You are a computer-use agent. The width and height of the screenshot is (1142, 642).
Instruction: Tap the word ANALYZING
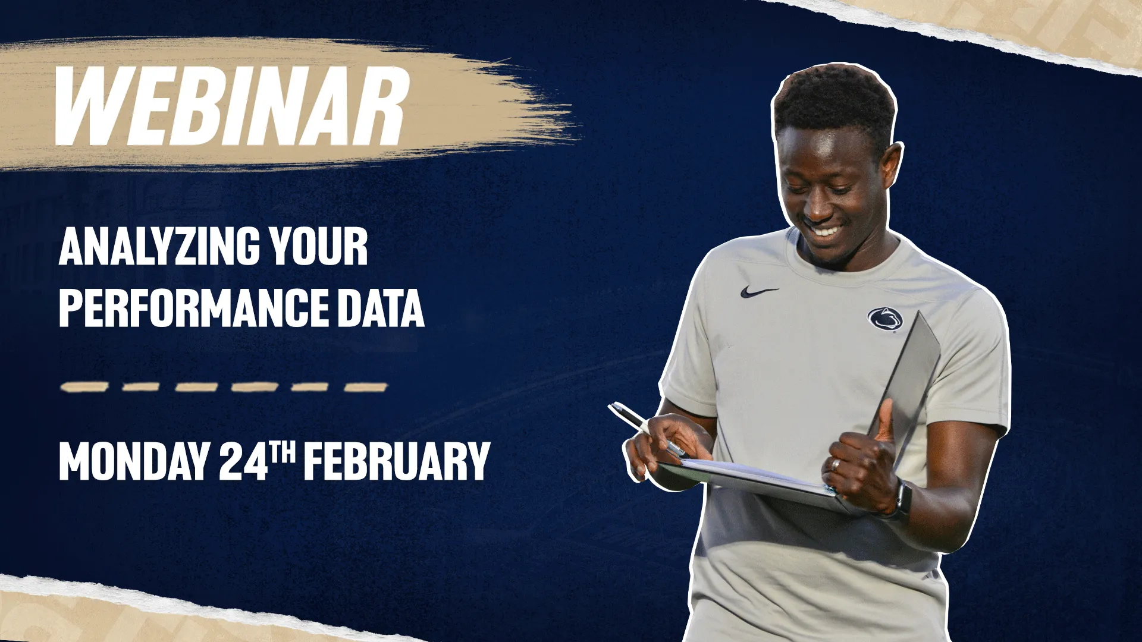tap(159, 247)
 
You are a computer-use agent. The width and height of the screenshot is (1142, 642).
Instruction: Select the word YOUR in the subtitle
tap(318, 247)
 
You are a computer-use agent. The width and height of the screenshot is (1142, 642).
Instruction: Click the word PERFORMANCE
tap(192, 307)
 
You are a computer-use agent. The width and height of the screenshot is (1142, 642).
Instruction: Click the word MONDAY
tap(133, 462)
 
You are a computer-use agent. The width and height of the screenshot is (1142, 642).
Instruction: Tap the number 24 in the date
tap(243, 462)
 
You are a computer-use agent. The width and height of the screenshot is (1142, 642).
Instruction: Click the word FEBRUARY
tap(397, 462)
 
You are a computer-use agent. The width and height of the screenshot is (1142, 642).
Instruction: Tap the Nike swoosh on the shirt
tap(758, 292)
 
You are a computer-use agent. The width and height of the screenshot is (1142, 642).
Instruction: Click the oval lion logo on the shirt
tap(885, 320)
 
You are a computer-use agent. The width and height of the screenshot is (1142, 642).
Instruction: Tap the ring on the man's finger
tap(836, 464)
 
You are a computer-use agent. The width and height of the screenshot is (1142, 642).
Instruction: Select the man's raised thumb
tap(884, 419)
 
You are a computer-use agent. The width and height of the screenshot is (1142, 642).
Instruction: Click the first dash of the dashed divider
tap(84, 387)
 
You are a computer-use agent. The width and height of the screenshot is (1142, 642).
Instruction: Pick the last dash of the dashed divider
tap(366, 387)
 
